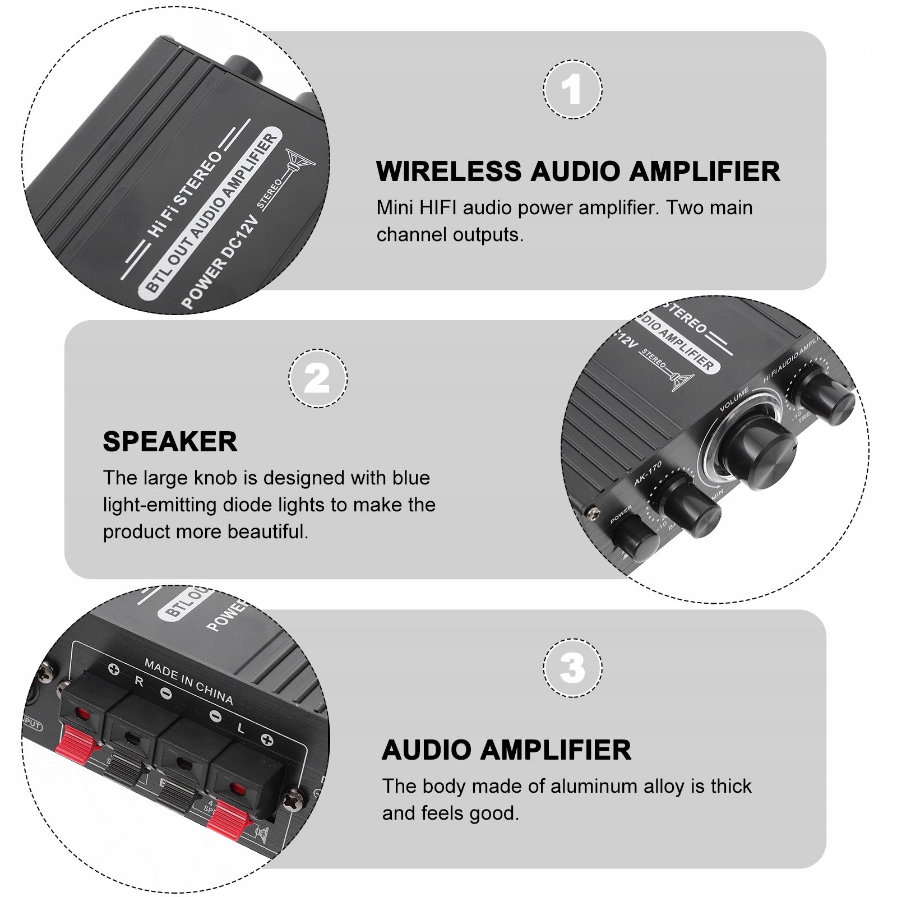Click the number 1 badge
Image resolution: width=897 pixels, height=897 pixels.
tap(572, 90)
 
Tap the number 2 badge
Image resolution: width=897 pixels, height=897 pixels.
tap(317, 378)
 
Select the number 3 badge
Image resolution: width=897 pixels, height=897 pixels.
tap(572, 668)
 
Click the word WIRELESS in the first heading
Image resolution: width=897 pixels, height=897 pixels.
tap(449, 172)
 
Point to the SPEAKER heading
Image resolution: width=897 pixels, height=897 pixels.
tap(170, 442)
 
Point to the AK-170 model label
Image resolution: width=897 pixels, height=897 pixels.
tap(648, 474)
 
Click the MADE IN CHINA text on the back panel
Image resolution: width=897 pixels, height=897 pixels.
tap(188, 682)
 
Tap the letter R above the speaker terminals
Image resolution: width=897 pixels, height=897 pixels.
tap(139, 682)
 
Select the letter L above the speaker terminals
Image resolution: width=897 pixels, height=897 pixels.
tap(241, 728)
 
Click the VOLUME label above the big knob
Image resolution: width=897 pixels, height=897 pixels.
tap(734, 400)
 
